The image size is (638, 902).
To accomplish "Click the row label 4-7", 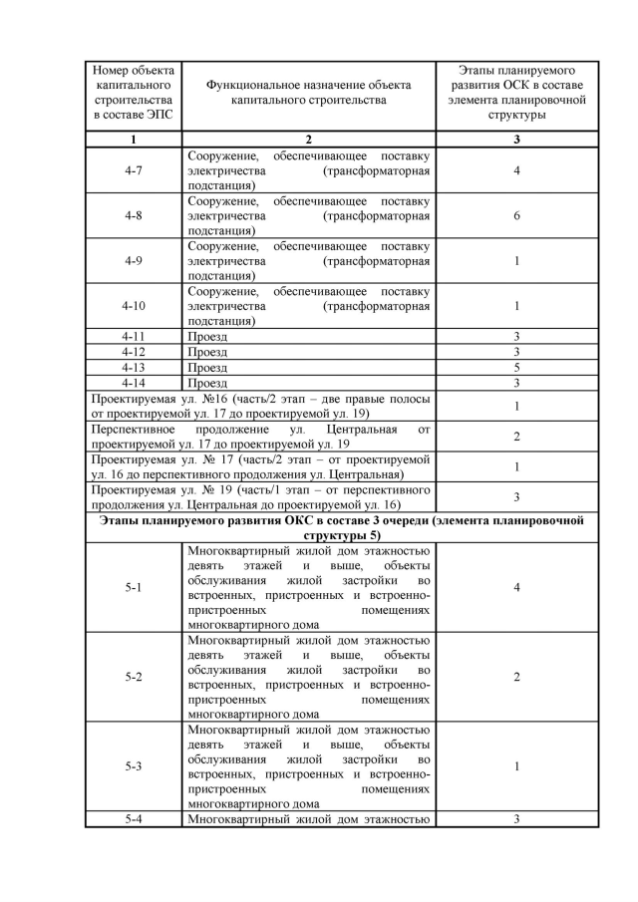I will point(133,170).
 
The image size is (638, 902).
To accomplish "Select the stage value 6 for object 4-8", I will point(516,216).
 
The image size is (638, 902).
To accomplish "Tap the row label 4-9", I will point(133,261).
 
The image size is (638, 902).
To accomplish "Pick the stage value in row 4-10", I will point(516,306).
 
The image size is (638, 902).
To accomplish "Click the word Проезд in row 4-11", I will point(207,337).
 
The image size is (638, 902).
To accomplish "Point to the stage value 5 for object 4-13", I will point(516,367).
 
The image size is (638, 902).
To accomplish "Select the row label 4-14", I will point(133,382).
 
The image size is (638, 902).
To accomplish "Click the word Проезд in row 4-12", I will point(207,352).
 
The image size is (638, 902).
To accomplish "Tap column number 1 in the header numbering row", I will point(133,140).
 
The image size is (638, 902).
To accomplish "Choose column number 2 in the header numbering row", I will point(308,140).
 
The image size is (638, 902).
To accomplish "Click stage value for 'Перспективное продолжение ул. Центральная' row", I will point(516,437).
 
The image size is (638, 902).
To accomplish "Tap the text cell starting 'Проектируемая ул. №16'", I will point(259,406).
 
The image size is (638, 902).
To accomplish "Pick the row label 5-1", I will point(133,588).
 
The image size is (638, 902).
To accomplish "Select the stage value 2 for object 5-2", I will point(516,678).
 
